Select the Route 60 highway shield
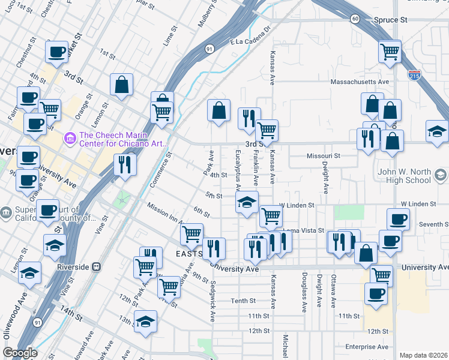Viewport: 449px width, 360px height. tap(355, 19)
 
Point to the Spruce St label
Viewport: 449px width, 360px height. tap(390, 20)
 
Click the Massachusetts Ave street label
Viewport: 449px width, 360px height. tap(360, 82)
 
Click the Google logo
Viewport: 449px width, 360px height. tap(20, 353)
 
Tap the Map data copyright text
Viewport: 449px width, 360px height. tap(423, 355)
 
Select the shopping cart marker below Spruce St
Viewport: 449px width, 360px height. tap(390, 52)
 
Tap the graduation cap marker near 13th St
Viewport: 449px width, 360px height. tap(145, 322)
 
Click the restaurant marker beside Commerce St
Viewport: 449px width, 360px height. tap(124, 164)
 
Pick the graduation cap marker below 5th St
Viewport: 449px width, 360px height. tap(247, 203)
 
